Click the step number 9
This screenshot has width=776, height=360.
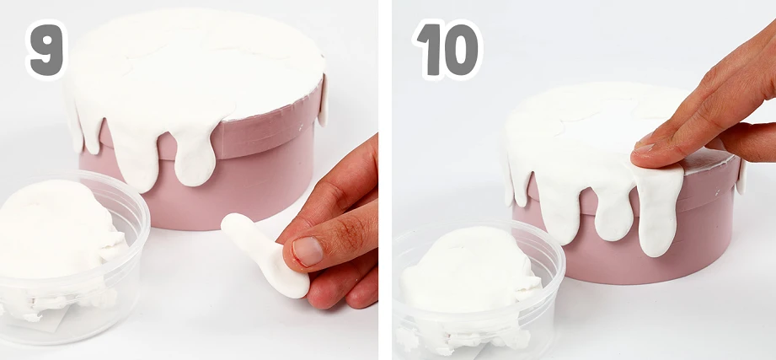tap(46, 50)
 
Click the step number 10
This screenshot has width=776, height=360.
tap(447, 50)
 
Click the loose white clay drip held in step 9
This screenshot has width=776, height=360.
tap(263, 253)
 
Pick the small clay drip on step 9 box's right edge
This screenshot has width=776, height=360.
tap(323, 100)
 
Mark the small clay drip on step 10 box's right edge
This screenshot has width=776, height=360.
tap(741, 177)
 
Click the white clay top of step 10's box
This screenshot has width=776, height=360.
tap(594, 129)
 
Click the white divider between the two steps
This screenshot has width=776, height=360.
tap(386, 180)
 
